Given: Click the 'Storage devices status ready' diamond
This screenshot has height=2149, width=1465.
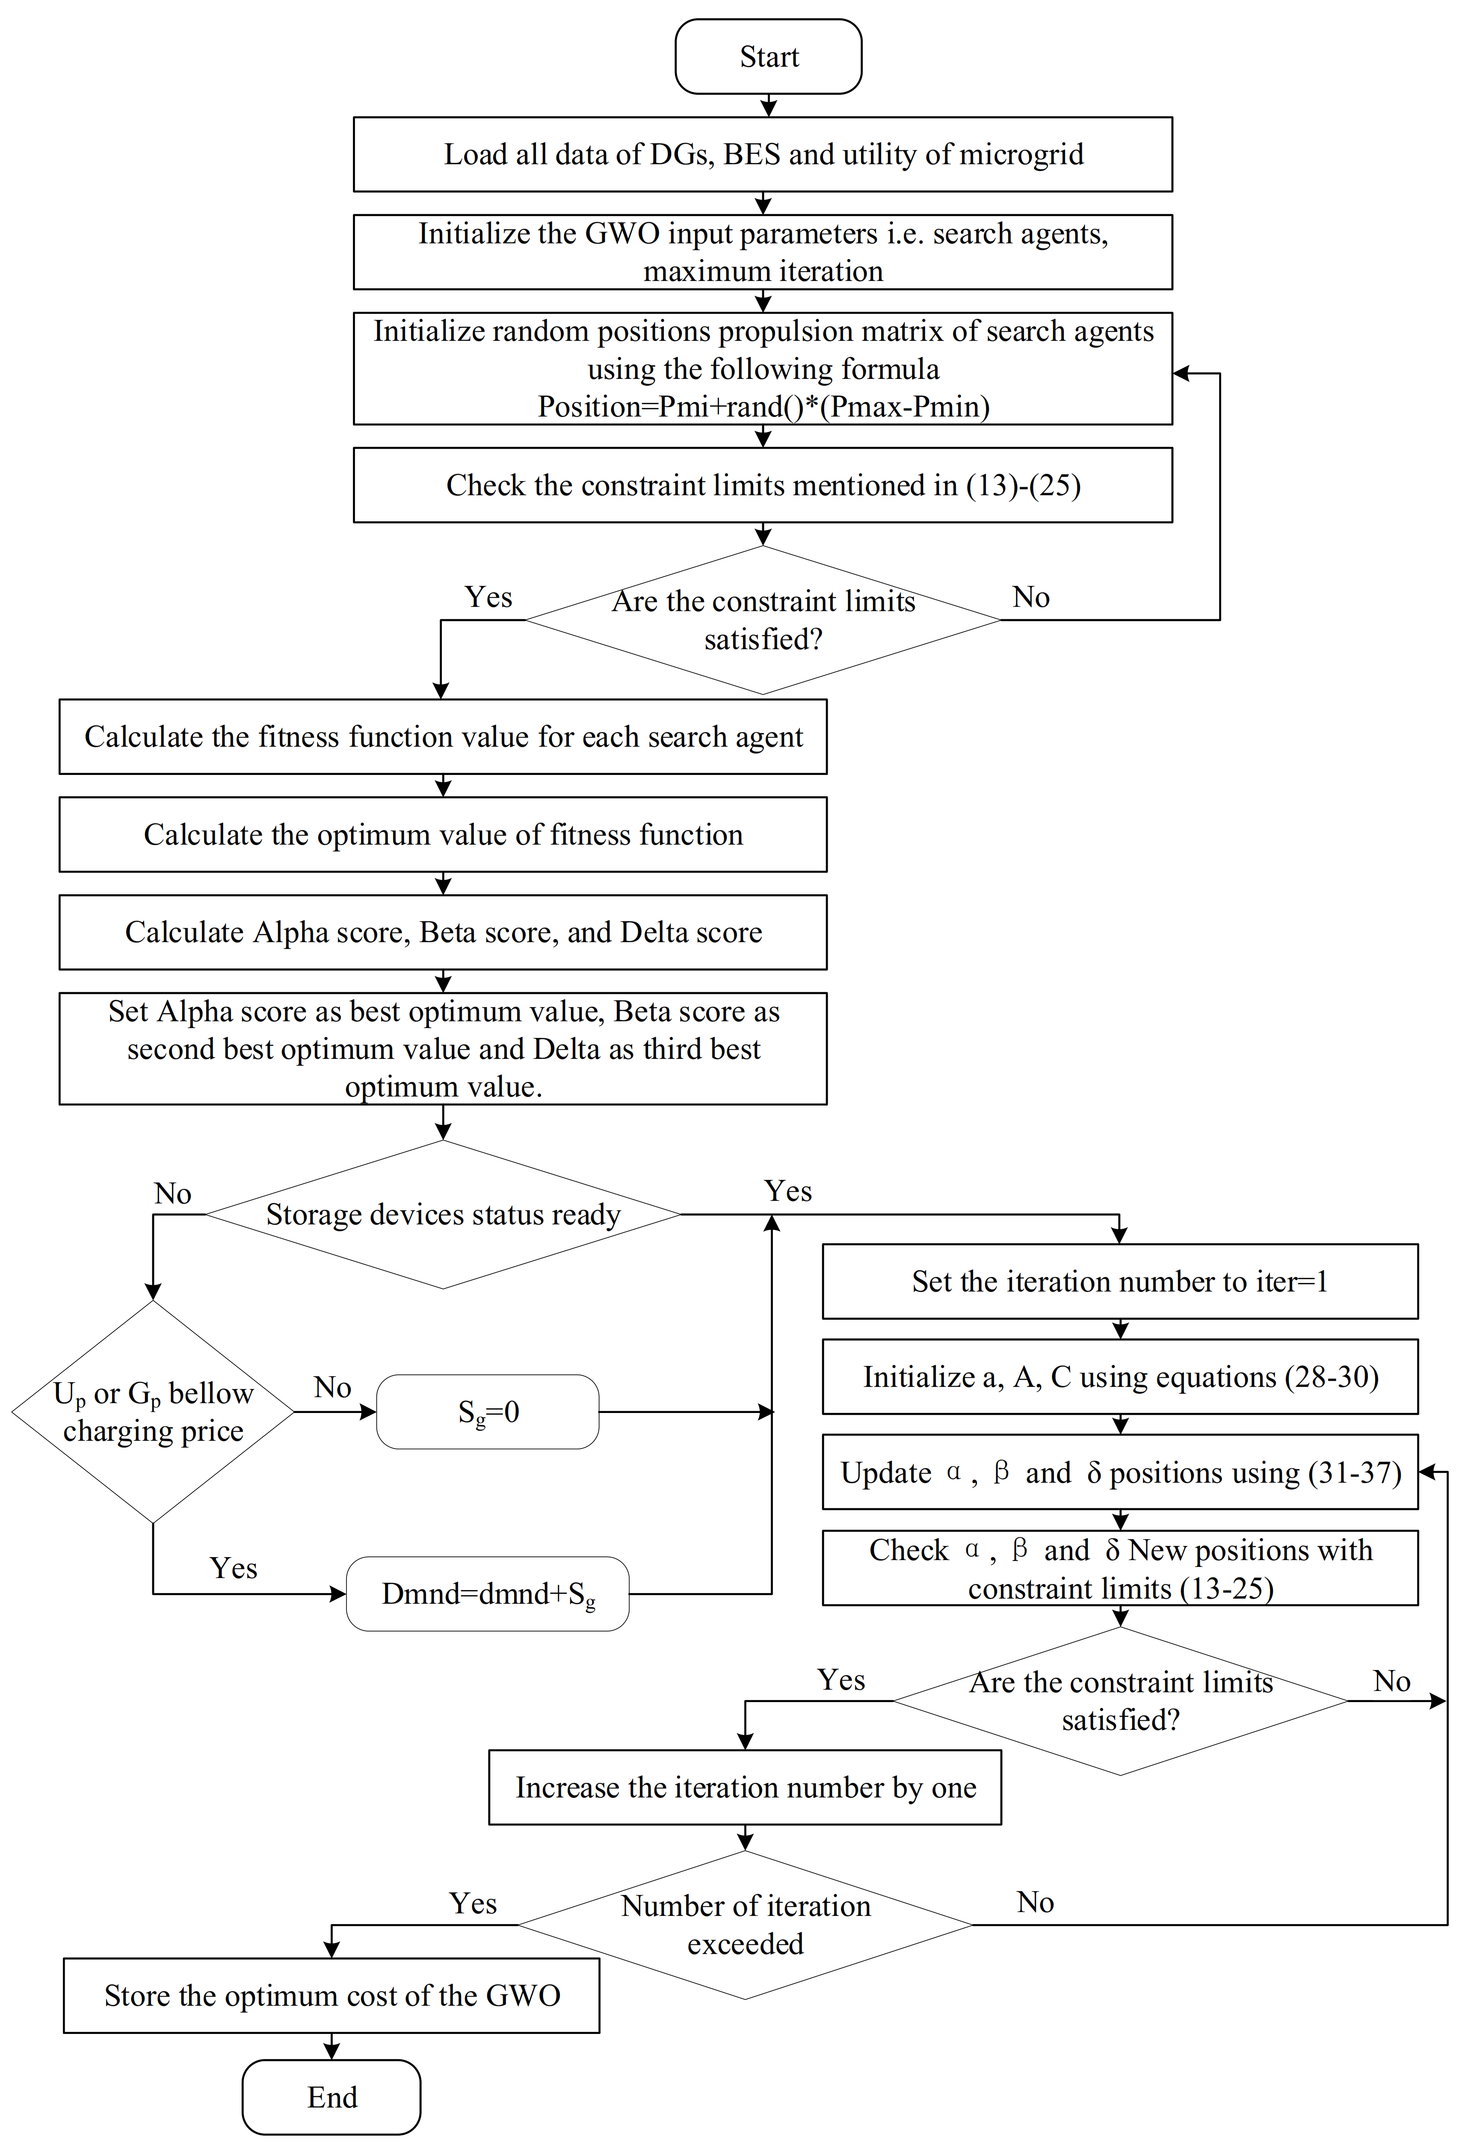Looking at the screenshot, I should click(443, 1214).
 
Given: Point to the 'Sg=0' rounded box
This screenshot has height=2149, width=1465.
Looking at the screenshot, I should click(488, 1411).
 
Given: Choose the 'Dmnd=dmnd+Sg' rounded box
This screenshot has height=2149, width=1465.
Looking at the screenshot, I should click(488, 1593).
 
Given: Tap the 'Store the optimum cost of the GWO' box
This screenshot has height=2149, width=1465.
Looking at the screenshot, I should click(331, 1995).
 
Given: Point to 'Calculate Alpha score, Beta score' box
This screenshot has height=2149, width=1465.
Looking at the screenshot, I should click(443, 932).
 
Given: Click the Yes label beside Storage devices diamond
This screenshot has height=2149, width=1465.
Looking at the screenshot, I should click(788, 1191).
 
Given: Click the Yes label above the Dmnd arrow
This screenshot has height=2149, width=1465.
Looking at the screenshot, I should click(233, 1568).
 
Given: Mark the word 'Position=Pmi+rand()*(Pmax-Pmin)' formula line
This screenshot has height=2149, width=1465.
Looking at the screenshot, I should click(763, 407).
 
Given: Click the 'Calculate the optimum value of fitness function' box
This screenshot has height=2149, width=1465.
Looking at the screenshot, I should click(443, 834).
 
